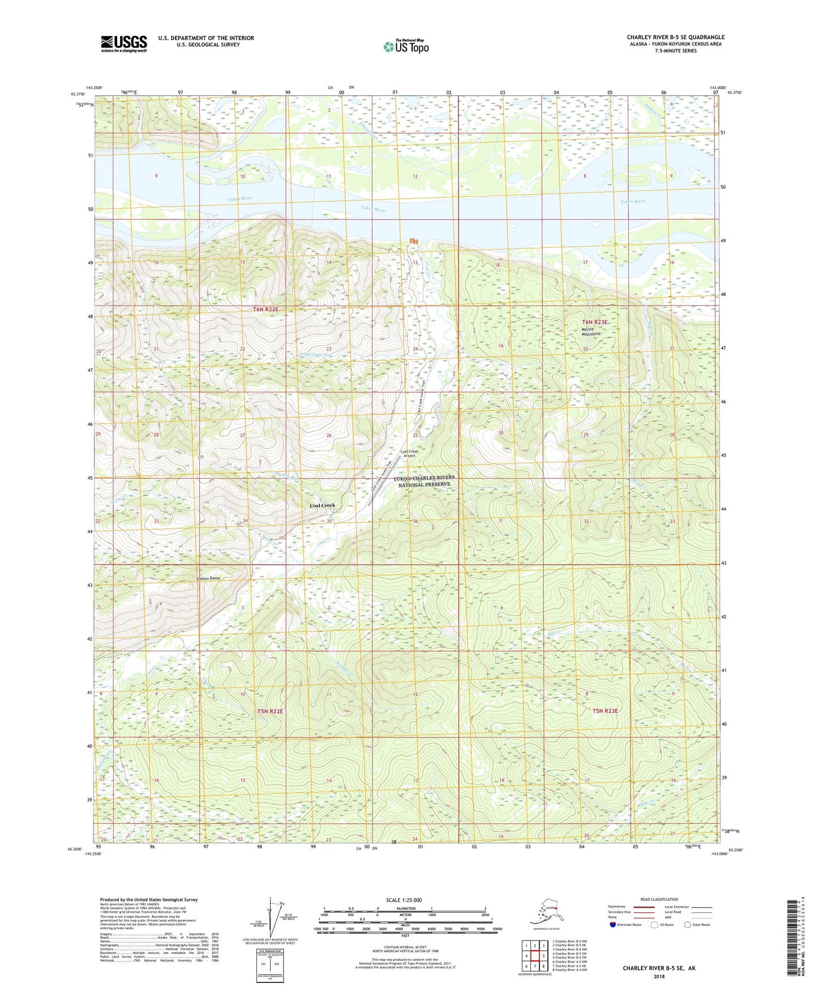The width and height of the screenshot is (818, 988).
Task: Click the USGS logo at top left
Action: [x=124, y=44]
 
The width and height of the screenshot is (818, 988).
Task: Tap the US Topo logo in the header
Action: [x=405, y=46]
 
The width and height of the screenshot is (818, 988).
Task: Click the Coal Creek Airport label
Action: [x=409, y=453]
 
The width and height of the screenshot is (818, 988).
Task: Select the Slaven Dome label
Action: [x=208, y=578]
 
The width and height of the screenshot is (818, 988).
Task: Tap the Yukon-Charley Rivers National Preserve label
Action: [x=424, y=481]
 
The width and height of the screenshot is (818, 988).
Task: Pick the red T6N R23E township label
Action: [x=594, y=322]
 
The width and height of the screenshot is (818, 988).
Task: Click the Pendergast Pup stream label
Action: [x=315, y=355]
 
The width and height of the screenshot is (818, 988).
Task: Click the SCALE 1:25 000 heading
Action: [x=403, y=900]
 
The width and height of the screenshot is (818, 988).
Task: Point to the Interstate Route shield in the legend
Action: [x=613, y=925]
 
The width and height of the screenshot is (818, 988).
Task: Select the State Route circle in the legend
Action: [x=688, y=925]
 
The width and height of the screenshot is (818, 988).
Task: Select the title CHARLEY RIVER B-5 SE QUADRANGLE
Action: [x=675, y=37]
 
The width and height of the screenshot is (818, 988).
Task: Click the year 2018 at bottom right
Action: [x=659, y=976]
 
